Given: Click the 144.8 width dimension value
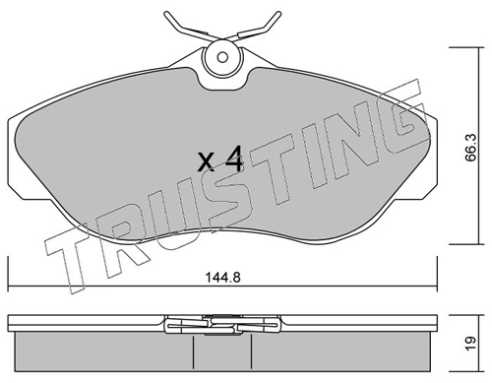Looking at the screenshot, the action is pos(222,278).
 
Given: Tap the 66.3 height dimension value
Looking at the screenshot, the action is pos(470,148).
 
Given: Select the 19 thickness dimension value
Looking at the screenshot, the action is pos(471,344).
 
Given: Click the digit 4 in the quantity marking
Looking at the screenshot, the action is pos(233,159).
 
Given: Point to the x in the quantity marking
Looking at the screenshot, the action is pos(207,161).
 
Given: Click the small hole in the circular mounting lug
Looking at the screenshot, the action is pos(222,57).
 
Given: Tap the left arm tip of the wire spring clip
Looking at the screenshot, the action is pos(165,14).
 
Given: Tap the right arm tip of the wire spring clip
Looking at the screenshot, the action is pos(278,14).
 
